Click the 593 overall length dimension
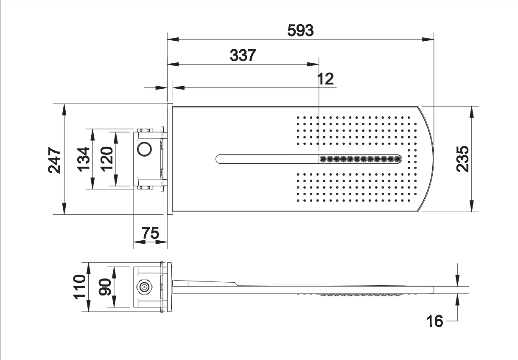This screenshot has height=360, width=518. [x=300, y=31]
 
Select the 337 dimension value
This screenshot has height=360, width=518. [x=243, y=55]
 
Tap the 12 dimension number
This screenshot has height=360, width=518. [x=326, y=79]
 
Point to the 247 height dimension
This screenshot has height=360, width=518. [x=55, y=160]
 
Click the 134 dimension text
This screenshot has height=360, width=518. [x=84, y=159]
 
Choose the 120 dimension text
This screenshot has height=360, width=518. [x=106, y=158]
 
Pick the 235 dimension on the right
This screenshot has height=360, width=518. [x=462, y=159]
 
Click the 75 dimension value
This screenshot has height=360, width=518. [x=150, y=233]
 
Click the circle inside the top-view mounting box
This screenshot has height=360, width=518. [x=145, y=149]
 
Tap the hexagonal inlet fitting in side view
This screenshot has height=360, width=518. [x=144, y=287]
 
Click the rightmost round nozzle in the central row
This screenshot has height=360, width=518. [x=398, y=159]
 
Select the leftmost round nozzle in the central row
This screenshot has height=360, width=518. [x=323, y=159]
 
